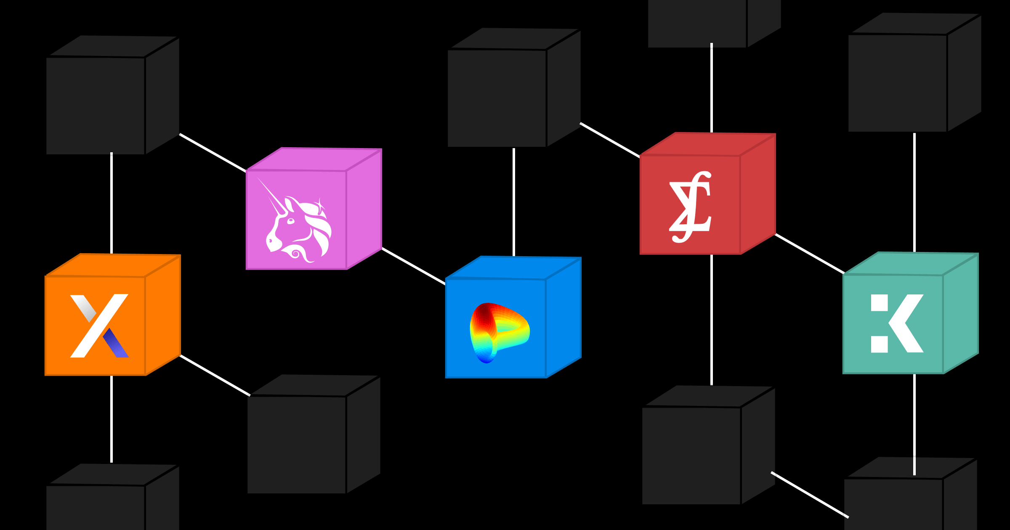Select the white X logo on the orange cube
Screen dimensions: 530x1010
point(99,326)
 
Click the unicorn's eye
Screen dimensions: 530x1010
point(290,220)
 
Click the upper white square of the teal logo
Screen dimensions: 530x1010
point(879,303)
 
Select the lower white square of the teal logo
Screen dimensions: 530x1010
point(879,344)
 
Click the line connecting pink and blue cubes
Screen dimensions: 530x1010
point(413,266)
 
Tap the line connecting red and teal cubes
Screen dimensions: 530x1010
point(809,254)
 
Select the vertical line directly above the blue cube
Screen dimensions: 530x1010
point(514,202)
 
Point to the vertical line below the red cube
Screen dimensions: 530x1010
point(712,320)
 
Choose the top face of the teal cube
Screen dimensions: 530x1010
point(911,264)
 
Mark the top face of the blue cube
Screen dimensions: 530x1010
point(513,268)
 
